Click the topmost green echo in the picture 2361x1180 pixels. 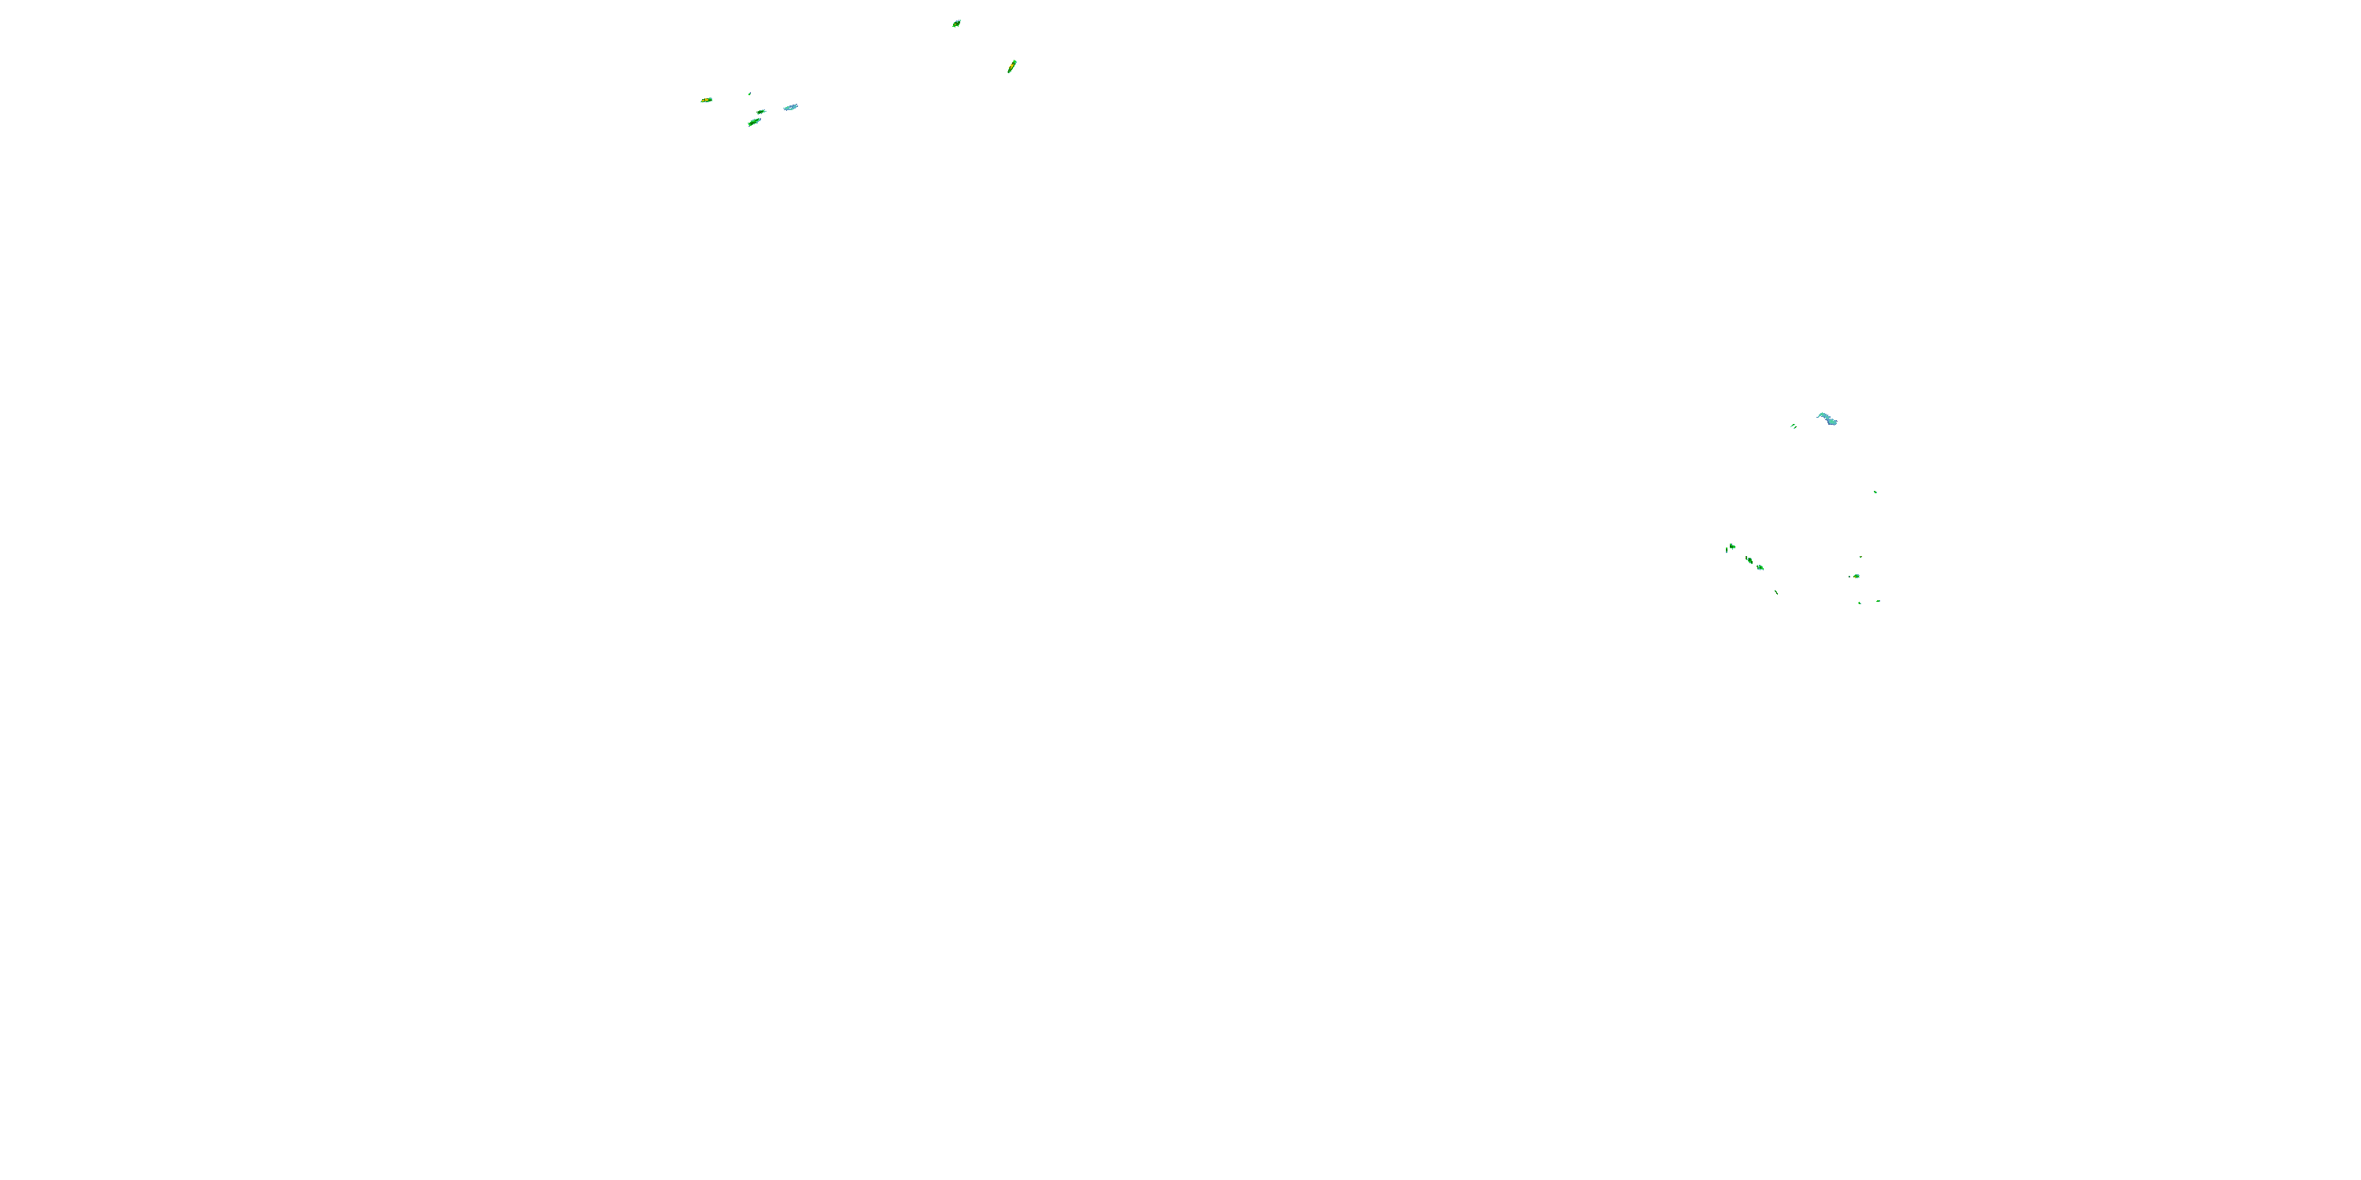956,24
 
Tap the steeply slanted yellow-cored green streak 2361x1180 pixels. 1012,66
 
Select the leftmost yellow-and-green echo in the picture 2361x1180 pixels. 706,100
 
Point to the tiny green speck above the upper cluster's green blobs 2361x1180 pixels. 750,94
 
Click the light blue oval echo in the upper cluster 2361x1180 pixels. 790,107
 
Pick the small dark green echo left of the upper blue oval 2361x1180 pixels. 761,112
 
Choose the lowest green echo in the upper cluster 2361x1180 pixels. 753,122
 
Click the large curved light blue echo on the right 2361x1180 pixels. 1827,419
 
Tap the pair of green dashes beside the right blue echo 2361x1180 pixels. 1794,426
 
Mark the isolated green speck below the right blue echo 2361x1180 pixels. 1875,492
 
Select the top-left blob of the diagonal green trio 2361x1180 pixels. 1731,547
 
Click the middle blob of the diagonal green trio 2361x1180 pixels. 1749,560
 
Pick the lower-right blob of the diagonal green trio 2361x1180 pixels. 1760,568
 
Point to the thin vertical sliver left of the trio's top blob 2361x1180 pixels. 1726,550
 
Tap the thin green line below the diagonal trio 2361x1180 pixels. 1776,592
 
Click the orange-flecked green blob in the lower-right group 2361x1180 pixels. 1856,577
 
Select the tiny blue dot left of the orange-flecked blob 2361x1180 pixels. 1850,577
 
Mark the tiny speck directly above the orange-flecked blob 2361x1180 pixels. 1860,557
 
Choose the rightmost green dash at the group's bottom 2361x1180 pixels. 1878,601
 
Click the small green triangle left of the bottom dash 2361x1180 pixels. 1860,603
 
